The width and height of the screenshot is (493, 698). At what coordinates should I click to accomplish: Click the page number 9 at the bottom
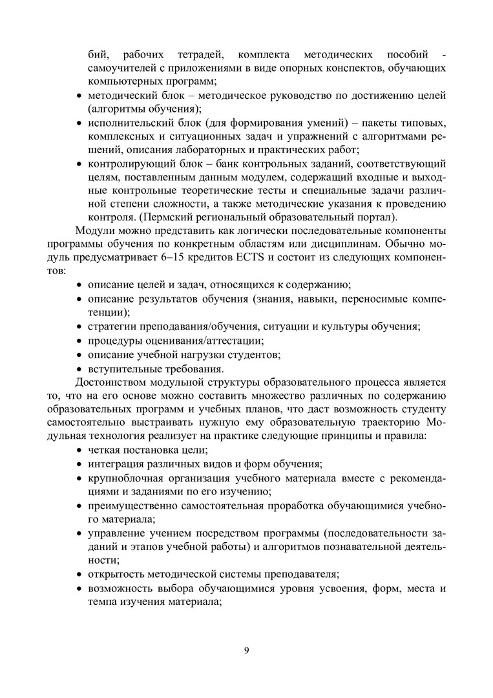(246, 650)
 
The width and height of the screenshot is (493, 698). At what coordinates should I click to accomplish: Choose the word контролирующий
(125, 163)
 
